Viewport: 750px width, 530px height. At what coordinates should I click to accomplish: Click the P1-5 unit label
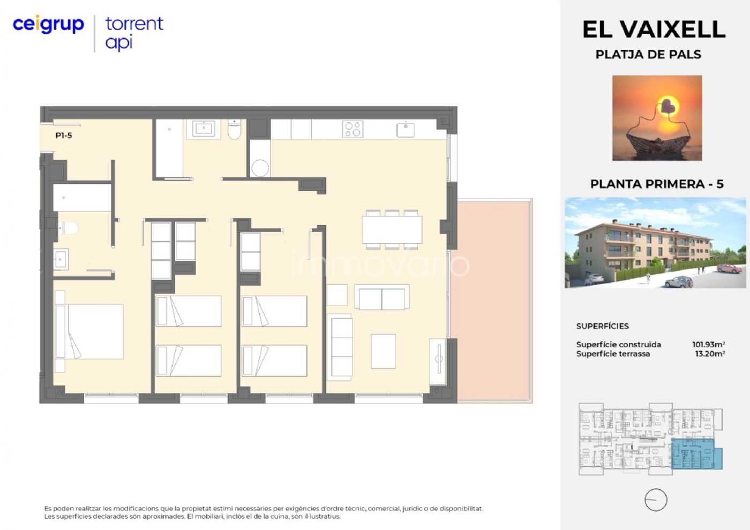64,136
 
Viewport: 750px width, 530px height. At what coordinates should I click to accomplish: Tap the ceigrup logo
48,25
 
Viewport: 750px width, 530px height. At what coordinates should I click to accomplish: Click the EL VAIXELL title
654,29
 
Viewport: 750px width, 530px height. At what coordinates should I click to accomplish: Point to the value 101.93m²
708,345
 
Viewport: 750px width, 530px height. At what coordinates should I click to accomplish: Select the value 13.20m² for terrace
710,354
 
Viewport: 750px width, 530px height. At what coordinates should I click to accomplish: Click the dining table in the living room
392,230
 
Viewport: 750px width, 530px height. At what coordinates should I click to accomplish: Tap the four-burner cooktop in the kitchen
352,129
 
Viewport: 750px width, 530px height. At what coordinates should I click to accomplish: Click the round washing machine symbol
260,168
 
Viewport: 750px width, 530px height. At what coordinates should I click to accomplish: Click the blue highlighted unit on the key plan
696,454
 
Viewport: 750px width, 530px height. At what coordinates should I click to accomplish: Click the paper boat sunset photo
657,118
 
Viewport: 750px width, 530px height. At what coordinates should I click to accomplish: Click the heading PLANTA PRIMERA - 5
657,184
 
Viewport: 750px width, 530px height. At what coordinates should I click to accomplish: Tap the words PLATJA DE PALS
648,54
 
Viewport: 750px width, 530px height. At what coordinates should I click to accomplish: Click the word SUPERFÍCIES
602,326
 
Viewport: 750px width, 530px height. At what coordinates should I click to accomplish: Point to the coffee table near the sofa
383,351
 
